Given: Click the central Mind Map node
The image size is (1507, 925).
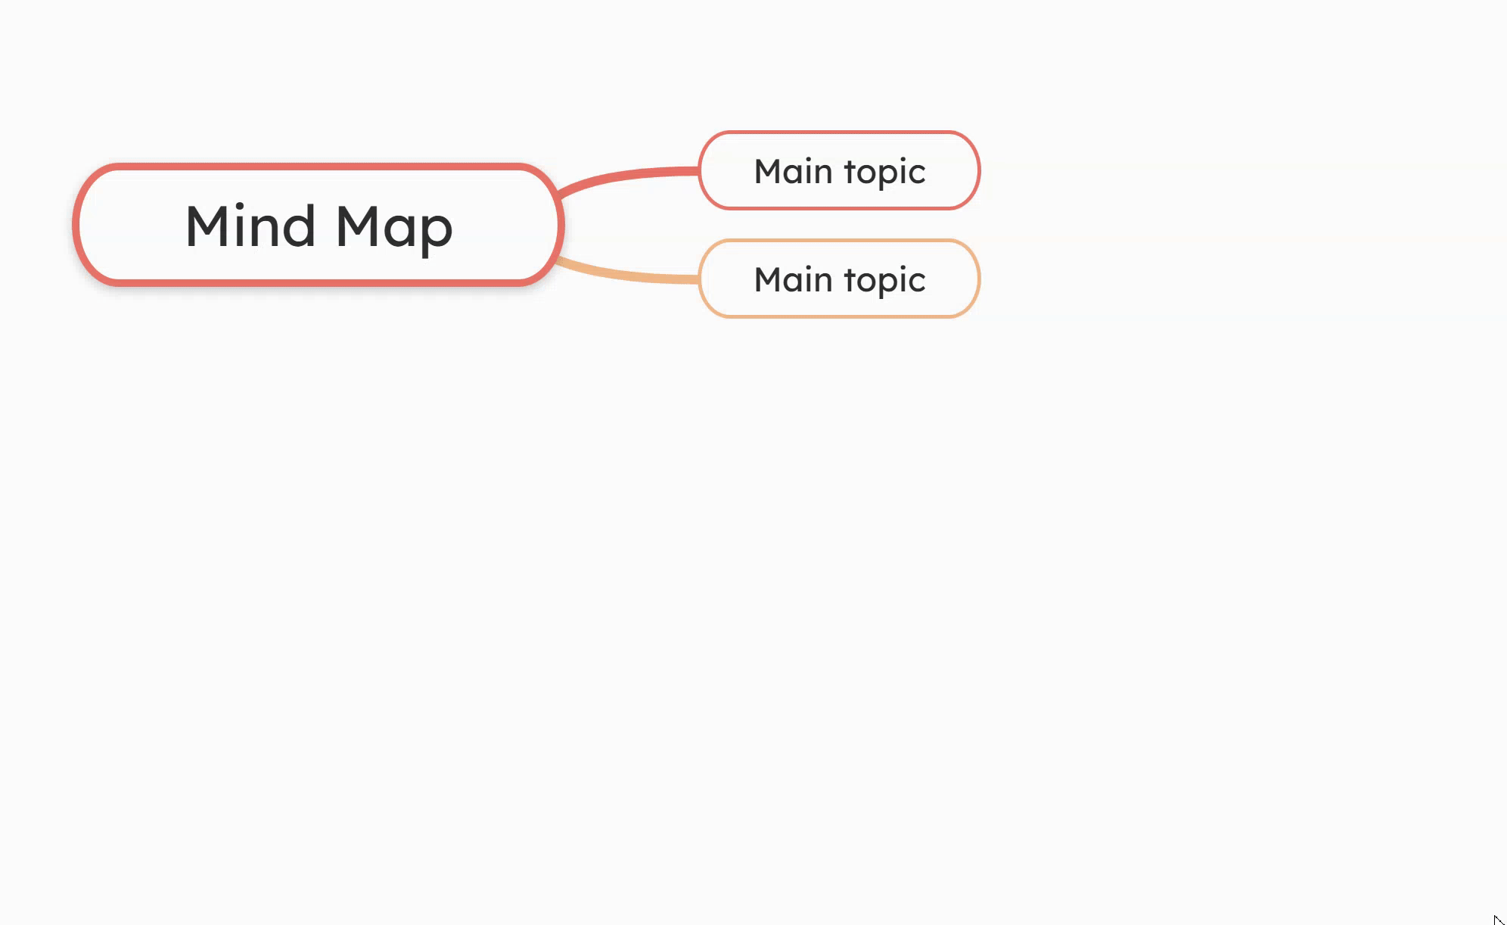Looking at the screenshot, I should pos(318,224).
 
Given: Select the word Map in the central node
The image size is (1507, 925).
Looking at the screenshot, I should pos(393,227).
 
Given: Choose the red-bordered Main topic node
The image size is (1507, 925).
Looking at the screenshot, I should pos(839,170).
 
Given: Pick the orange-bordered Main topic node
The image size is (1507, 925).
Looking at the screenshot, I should pos(839,279).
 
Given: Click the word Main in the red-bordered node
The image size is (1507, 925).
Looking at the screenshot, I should pos(793,171).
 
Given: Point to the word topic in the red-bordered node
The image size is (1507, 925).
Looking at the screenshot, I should pos(884,173).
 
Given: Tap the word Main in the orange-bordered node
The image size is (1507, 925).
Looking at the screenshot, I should pos(793,279).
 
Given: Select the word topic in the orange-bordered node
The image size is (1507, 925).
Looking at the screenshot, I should pos(884,281).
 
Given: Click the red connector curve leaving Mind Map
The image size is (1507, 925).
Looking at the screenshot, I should pos(628,176).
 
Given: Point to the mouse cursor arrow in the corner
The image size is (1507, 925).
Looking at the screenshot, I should pos(1497,919).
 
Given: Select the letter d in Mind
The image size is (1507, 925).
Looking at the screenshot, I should pos(298,225).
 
